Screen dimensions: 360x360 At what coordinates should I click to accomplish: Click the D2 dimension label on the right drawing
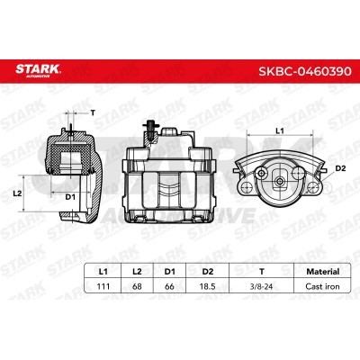339,167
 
